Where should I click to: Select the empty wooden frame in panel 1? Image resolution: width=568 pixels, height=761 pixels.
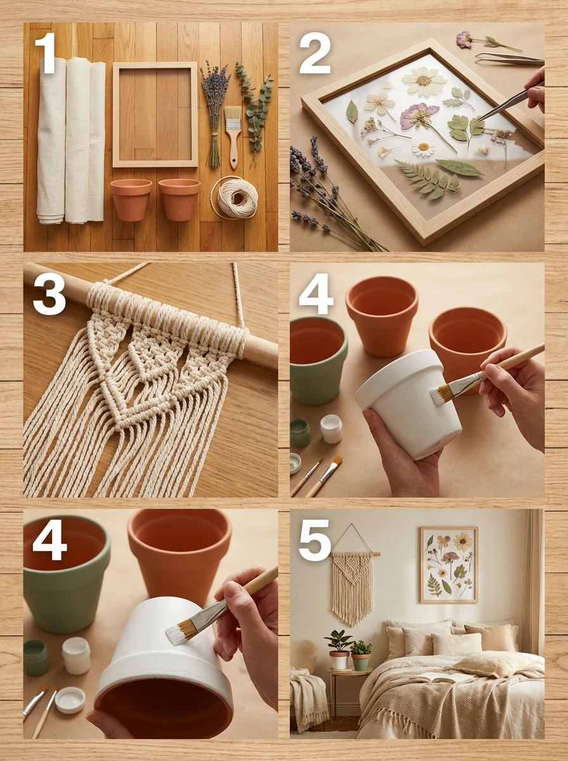pos(155,114)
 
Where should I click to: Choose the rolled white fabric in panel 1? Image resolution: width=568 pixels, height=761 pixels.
pos(70,140)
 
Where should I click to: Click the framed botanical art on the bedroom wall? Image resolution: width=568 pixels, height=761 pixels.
pos(448,564)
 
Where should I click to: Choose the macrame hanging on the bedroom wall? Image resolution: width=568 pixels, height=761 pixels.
pos(352,583)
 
